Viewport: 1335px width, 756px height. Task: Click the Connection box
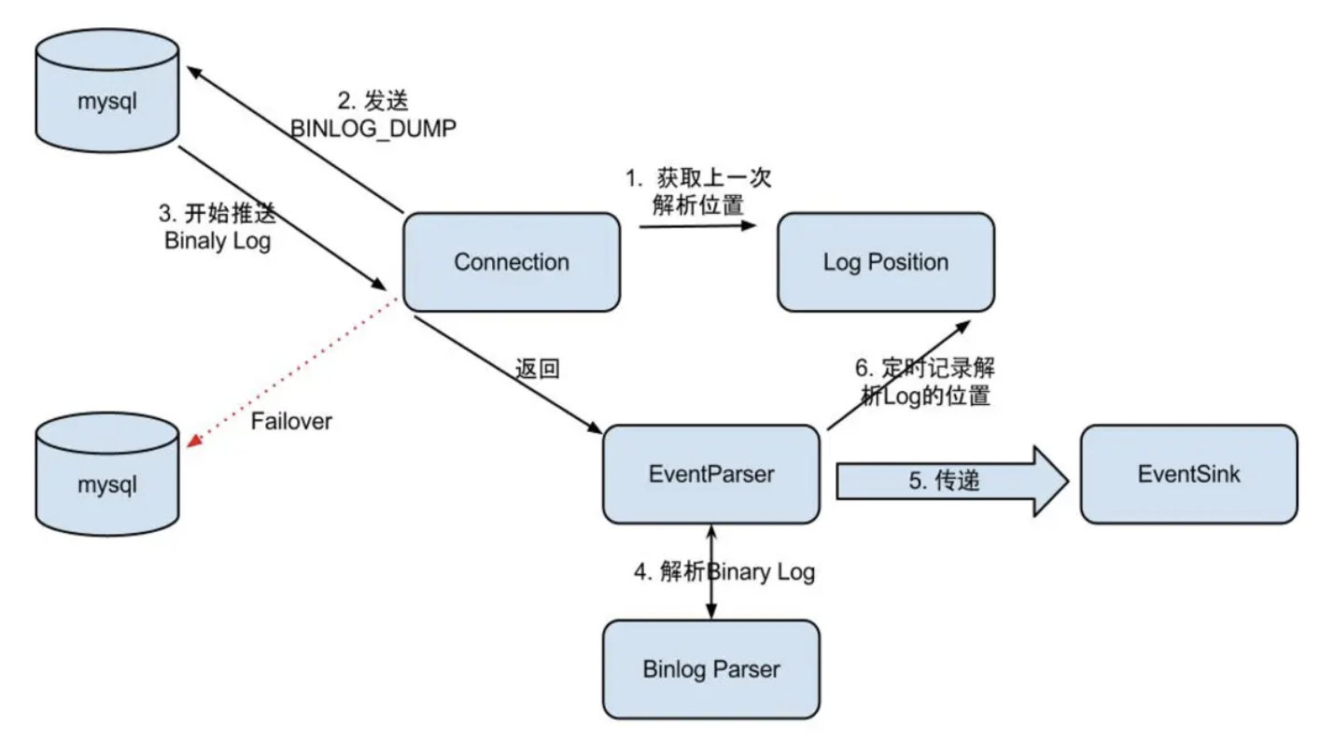(x=512, y=262)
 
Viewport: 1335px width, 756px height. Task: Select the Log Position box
(x=885, y=262)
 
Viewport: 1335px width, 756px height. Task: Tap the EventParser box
(x=710, y=474)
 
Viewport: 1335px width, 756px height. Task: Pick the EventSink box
(x=1188, y=474)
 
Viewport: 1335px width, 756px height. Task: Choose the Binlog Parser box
(x=710, y=669)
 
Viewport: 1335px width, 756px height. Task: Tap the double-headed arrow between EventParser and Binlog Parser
(x=711, y=571)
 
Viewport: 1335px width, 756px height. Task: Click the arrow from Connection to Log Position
(x=696, y=225)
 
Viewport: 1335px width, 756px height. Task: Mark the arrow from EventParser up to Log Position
(x=896, y=372)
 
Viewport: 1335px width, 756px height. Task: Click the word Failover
(x=291, y=421)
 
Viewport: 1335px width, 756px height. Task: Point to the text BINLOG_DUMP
(x=373, y=129)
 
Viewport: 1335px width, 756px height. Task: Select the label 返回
(x=537, y=368)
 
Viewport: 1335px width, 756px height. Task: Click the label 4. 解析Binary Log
(x=724, y=571)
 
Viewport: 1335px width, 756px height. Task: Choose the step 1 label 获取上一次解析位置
(x=698, y=191)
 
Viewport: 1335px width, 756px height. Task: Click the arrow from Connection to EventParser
(x=504, y=372)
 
